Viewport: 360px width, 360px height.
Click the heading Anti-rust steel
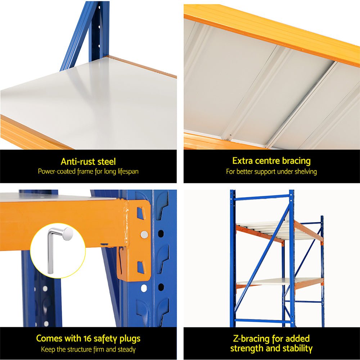tap(88, 162)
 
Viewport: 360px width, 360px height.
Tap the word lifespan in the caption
tap(126, 171)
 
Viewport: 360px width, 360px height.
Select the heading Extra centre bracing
tap(271, 161)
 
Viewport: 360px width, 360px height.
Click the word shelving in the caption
tap(305, 172)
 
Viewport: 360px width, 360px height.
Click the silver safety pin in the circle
tap(58, 248)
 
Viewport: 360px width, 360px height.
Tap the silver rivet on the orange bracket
tap(144, 235)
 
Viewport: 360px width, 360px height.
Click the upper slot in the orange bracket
tap(141, 213)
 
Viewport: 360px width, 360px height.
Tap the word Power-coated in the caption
tap(54, 171)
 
